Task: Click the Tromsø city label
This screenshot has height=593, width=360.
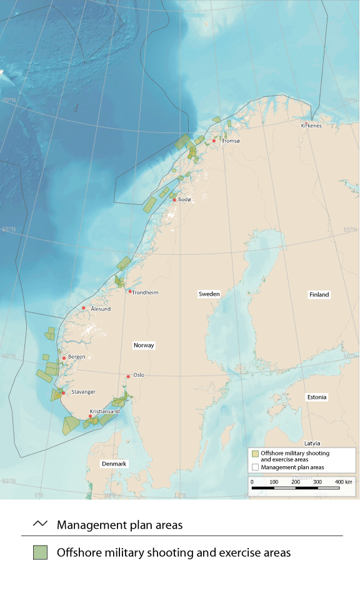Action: (x=231, y=142)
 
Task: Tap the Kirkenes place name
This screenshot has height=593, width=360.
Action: (x=311, y=125)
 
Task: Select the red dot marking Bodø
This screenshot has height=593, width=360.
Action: (x=175, y=200)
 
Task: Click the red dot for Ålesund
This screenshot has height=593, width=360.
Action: (x=84, y=307)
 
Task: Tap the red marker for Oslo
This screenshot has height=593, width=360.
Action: (x=129, y=376)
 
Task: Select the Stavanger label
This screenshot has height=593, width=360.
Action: (x=83, y=392)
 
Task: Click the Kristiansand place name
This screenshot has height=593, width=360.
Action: (x=104, y=412)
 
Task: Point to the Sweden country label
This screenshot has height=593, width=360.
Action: (x=208, y=294)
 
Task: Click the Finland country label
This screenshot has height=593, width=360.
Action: (x=319, y=294)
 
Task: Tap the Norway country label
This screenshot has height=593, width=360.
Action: (x=144, y=345)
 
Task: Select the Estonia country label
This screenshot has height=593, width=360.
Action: (x=317, y=397)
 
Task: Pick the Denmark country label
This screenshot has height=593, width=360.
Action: (x=114, y=464)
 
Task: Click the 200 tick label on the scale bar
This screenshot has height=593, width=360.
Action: (x=296, y=482)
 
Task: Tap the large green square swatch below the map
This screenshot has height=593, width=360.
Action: (x=41, y=552)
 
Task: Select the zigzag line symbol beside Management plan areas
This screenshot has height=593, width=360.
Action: (x=40, y=524)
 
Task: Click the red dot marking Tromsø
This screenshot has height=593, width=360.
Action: (x=214, y=141)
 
